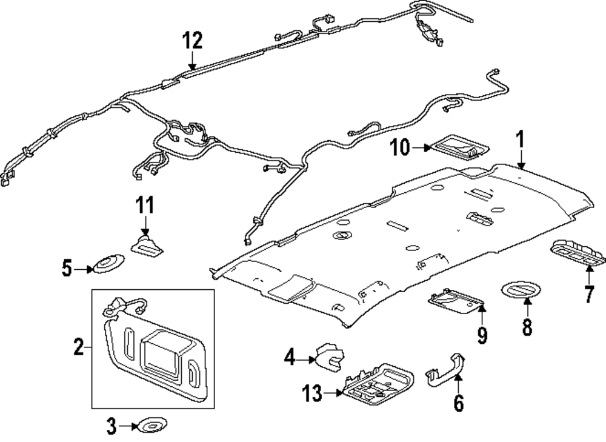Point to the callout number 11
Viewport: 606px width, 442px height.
pyautogui.click(x=144, y=206)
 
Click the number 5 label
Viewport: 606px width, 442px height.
pyautogui.click(x=67, y=267)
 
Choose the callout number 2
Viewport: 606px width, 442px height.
pyautogui.click(x=79, y=348)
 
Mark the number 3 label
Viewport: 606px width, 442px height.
pyautogui.click(x=111, y=427)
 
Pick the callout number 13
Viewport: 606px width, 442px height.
pyautogui.click(x=313, y=395)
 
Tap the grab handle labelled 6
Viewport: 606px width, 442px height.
pyautogui.click(x=446, y=367)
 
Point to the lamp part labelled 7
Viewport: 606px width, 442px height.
pyautogui.click(x=578, y=251)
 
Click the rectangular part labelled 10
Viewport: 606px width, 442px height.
pyautogui.click(x=459, y=147)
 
